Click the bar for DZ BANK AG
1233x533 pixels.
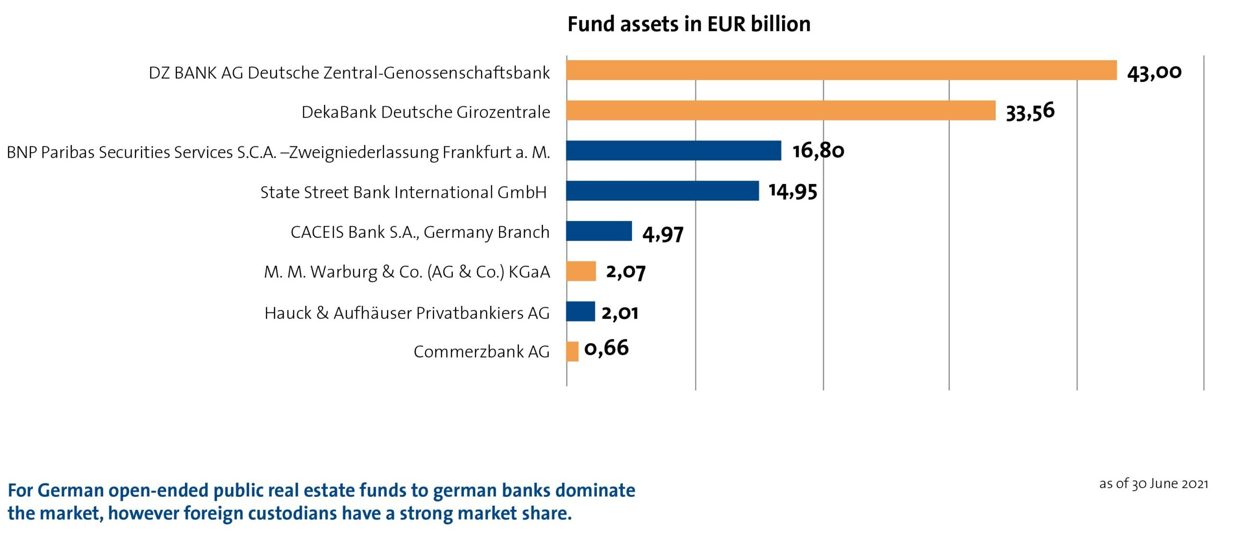[x=841, y=70]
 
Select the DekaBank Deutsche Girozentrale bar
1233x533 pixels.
[x=780, y=110]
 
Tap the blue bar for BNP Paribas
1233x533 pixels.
[x=673, y=150]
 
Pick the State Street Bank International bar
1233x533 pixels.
[x=662, y=191]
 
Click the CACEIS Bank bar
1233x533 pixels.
[x=599, y=231]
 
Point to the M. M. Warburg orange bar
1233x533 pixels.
[x=581, y=271]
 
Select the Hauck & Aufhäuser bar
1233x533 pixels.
[x=580, y=311]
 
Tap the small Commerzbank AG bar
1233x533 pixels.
[x=572, y=351]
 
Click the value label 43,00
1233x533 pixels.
[x=1154, y=73]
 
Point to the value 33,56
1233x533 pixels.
[x=1030, y=112]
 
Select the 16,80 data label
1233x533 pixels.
[x=818, y=151]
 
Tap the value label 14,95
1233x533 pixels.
[x=793, y=192]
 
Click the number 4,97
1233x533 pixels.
[x=663, y=234]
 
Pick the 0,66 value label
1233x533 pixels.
[x=606, y=348]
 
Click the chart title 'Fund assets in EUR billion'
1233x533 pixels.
[x=689, y=24]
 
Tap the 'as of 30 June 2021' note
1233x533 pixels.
[x=1154, y=483]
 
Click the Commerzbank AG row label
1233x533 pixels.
[x=481, y=352]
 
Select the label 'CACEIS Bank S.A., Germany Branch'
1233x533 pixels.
[x=420, y=232]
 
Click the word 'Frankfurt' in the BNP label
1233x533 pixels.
[x=477, y=152]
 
